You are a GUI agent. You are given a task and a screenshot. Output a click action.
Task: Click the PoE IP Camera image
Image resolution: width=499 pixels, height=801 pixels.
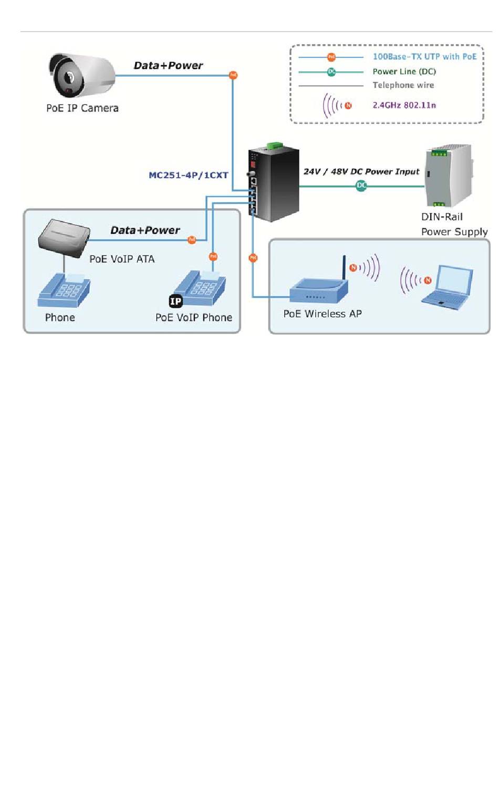pos(82,75)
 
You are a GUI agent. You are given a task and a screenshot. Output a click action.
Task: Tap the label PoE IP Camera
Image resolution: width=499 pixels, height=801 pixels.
pos(82,108)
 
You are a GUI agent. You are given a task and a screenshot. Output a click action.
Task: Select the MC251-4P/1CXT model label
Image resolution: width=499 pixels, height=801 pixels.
pos(189,175)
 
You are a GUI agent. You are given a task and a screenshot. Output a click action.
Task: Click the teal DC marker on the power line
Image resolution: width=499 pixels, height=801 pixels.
pos(361,185)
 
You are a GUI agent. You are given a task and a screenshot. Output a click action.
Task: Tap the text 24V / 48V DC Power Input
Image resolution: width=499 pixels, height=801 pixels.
pos(361,172)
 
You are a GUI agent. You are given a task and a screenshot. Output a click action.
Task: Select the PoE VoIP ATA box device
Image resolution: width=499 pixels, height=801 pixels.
pos(64,238)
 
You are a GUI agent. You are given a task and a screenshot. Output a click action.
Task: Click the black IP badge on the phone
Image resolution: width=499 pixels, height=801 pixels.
pos(175,301)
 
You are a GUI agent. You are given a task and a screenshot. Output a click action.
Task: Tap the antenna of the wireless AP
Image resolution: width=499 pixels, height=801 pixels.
pos(344,267)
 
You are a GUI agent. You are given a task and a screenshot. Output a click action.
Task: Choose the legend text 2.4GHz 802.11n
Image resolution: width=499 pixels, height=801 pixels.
pos(404,105)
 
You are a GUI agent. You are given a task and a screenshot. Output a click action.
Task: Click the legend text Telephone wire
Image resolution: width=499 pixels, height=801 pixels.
pos(403,85)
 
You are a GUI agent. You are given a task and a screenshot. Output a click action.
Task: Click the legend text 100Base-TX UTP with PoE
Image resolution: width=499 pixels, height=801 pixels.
pos(424,57)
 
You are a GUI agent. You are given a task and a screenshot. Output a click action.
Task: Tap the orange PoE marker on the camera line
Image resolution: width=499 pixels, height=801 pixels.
pos(233,75)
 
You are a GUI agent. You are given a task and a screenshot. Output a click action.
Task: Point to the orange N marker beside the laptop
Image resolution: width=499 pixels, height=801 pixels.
pos(428,280)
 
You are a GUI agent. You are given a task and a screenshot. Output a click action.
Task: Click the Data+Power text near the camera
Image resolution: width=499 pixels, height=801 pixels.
pos(168,66)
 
